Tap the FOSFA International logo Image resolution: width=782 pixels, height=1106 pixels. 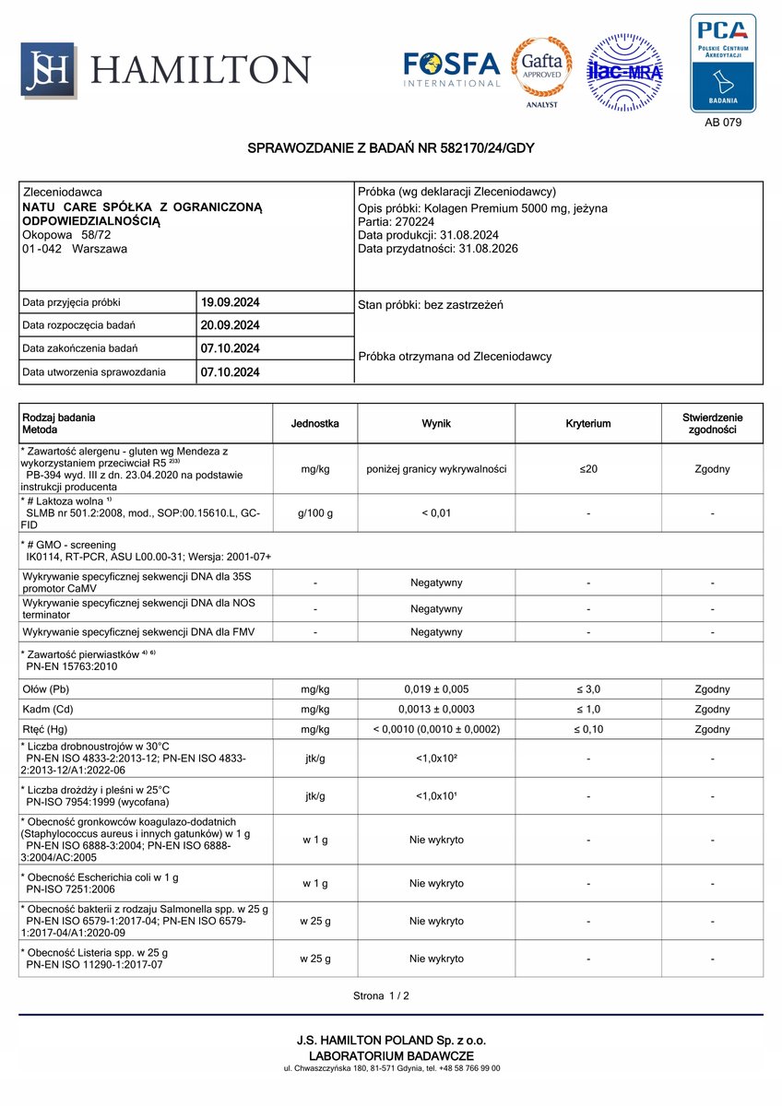(x=452, y=70)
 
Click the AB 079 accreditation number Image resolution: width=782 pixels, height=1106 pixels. (x=722, y=122)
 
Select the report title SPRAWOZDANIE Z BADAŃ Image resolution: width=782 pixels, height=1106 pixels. (x=391, y=148)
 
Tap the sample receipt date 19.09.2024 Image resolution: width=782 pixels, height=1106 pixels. (x=230, y=301)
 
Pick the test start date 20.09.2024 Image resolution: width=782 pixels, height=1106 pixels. (x=230, y=325)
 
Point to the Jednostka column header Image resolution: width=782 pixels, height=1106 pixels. (x=314, y=424)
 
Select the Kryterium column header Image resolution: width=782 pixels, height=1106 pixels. (x=588, y=424)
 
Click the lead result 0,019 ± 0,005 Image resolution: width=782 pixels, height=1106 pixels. (x=436, y=689)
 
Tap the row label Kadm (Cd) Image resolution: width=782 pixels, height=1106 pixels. (x=48, y=709)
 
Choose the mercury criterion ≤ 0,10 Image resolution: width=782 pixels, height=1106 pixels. (x=588, y=729)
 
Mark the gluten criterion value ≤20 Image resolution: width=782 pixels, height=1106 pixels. (x=588, y=469)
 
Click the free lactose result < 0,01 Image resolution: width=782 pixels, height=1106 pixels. (x=436, y=513)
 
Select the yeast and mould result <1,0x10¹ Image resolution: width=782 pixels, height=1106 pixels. (x=436, y=796)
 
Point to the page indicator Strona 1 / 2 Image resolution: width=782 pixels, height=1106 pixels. (x=381, y=995)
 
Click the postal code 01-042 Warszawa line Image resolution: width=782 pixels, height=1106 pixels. (x=75, y=248)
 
